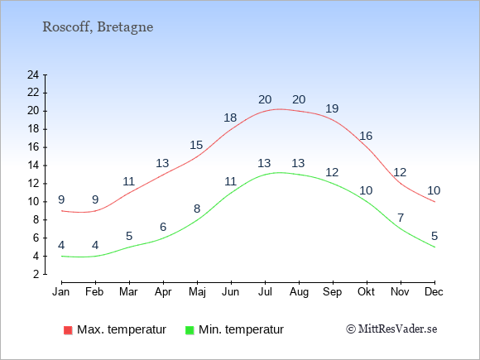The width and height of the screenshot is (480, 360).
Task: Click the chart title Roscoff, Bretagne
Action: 98,27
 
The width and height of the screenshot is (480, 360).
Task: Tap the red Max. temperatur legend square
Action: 68,330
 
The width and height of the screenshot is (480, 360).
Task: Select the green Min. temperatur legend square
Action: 190,330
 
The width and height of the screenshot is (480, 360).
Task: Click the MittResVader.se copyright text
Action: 391,329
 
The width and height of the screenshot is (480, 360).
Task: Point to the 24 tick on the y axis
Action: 33,74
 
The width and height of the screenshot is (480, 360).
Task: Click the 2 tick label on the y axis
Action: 36,274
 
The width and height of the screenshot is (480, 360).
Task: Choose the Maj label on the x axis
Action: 197,292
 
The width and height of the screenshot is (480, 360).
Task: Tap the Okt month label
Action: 366,292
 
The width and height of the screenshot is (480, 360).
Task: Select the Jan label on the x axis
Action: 61,292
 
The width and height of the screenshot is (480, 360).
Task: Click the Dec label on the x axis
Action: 434,292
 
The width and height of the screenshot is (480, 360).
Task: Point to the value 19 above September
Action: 332,108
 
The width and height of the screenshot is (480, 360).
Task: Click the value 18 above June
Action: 230,118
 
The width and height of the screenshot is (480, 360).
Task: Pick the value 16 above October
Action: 366,136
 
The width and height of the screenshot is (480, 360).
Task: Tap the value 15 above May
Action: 196,145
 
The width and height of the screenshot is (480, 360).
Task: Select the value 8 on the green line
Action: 197,209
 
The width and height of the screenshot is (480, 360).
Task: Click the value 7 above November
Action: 401,218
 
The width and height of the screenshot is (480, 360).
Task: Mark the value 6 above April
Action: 163,227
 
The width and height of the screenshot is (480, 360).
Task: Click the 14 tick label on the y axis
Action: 33,166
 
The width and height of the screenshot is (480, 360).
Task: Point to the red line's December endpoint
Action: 434,202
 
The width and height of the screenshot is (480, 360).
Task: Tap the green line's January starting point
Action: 62,256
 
